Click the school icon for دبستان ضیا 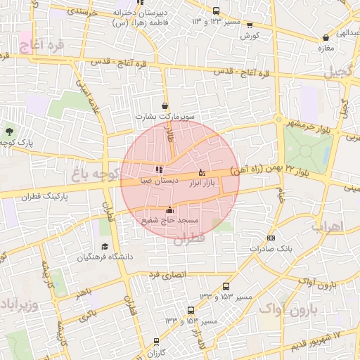tap(160, 169)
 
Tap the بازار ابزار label tap(200, 182)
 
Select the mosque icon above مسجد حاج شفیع tap(169, 210)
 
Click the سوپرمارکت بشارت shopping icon tap(165, 106)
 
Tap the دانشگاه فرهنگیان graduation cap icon tap(105, 246)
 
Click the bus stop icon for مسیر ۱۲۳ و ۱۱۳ tap(216, 11)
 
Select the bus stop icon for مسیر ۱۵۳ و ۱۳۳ tap(226, 286)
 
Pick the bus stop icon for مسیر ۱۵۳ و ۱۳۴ tap(191, 310)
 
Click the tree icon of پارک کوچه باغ tap(9, 131)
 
